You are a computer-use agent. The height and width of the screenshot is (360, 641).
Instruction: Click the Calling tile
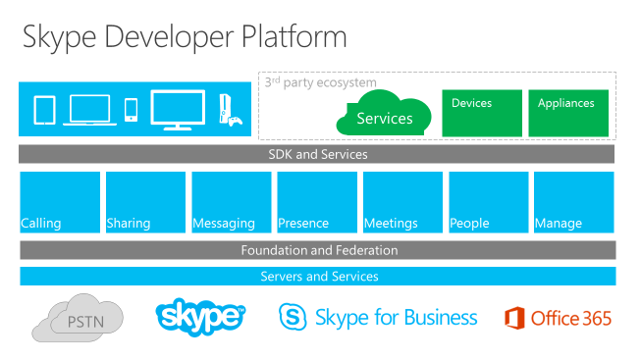point(60,202)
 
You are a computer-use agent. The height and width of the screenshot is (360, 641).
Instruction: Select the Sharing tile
point(145,202)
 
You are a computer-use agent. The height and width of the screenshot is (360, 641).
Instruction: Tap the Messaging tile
point(231,202)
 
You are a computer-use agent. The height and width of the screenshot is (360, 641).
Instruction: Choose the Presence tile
point(316,202)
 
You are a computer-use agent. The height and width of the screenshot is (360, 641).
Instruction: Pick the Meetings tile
point(401,202)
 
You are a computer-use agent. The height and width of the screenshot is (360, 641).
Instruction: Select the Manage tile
point(573,202)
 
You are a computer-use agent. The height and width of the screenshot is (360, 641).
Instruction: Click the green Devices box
point(482,113)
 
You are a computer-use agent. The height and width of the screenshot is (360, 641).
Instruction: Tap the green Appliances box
point(567,113)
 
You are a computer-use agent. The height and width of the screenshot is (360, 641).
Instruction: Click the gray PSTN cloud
point(77,318)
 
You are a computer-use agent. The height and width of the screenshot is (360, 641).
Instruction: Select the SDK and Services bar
point(317,154)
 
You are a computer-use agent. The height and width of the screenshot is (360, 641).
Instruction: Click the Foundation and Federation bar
point(317,250)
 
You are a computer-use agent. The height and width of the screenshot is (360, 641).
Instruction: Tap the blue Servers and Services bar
point(317,277)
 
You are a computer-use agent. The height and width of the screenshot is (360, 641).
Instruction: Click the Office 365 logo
point(558,318)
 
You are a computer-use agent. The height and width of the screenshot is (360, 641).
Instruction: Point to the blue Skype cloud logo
point(199,316)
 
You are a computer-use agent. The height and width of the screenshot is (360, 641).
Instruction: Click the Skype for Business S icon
point(293,318)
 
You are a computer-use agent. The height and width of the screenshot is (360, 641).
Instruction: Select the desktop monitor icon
point(178,109)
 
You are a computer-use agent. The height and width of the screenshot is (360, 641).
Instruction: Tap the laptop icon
point(90,110)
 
